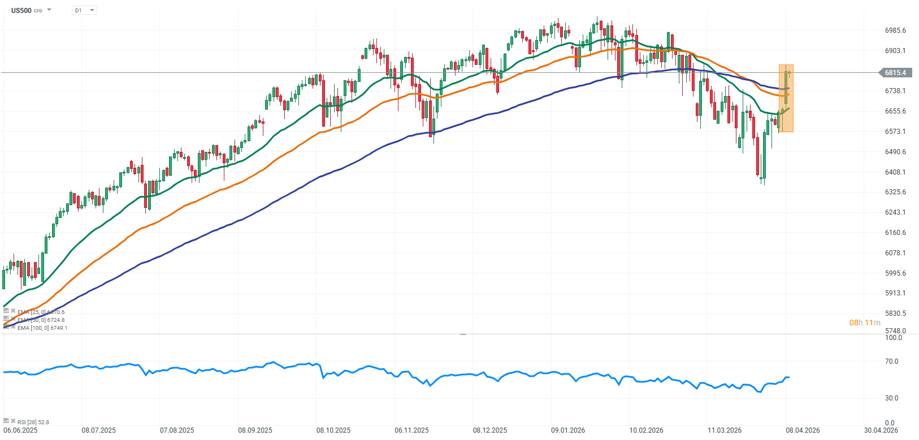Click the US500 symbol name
(x=21, y=10)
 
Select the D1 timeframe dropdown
(x=84, y=10)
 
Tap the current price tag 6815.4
(x=895, y=72)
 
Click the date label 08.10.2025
(x=333, y=430)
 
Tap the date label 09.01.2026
(x=568, y=430)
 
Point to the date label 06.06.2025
(x=20, y=430)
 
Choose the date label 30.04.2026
(x=881, y=430)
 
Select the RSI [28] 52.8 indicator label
(x=33, y=422)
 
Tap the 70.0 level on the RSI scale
(x=891, y=361)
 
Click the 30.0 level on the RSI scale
(x=891, y=398)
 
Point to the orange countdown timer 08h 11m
(x=865, y=323)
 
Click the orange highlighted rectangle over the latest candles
(x=786, y=98)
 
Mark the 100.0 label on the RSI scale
(x=894, y=338)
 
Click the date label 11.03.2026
(x=725, y=430)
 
